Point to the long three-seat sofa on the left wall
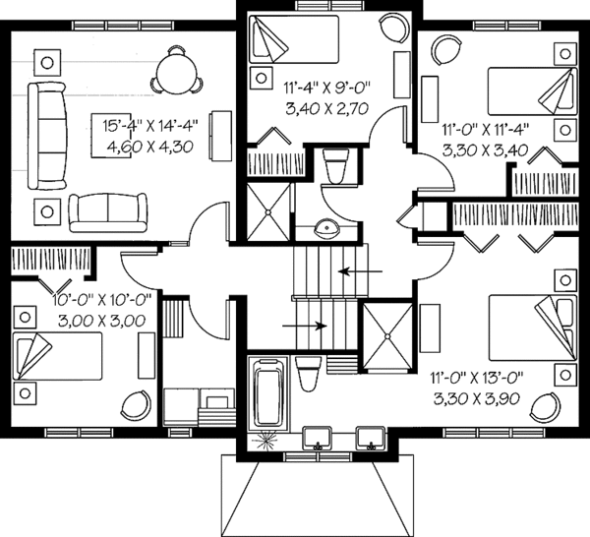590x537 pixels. (x=43, y=135)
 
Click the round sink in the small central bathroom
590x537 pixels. (x=326, y=229)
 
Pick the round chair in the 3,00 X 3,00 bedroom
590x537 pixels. (x=133, y=403)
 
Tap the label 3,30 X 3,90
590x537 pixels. (x=482, y=400)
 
